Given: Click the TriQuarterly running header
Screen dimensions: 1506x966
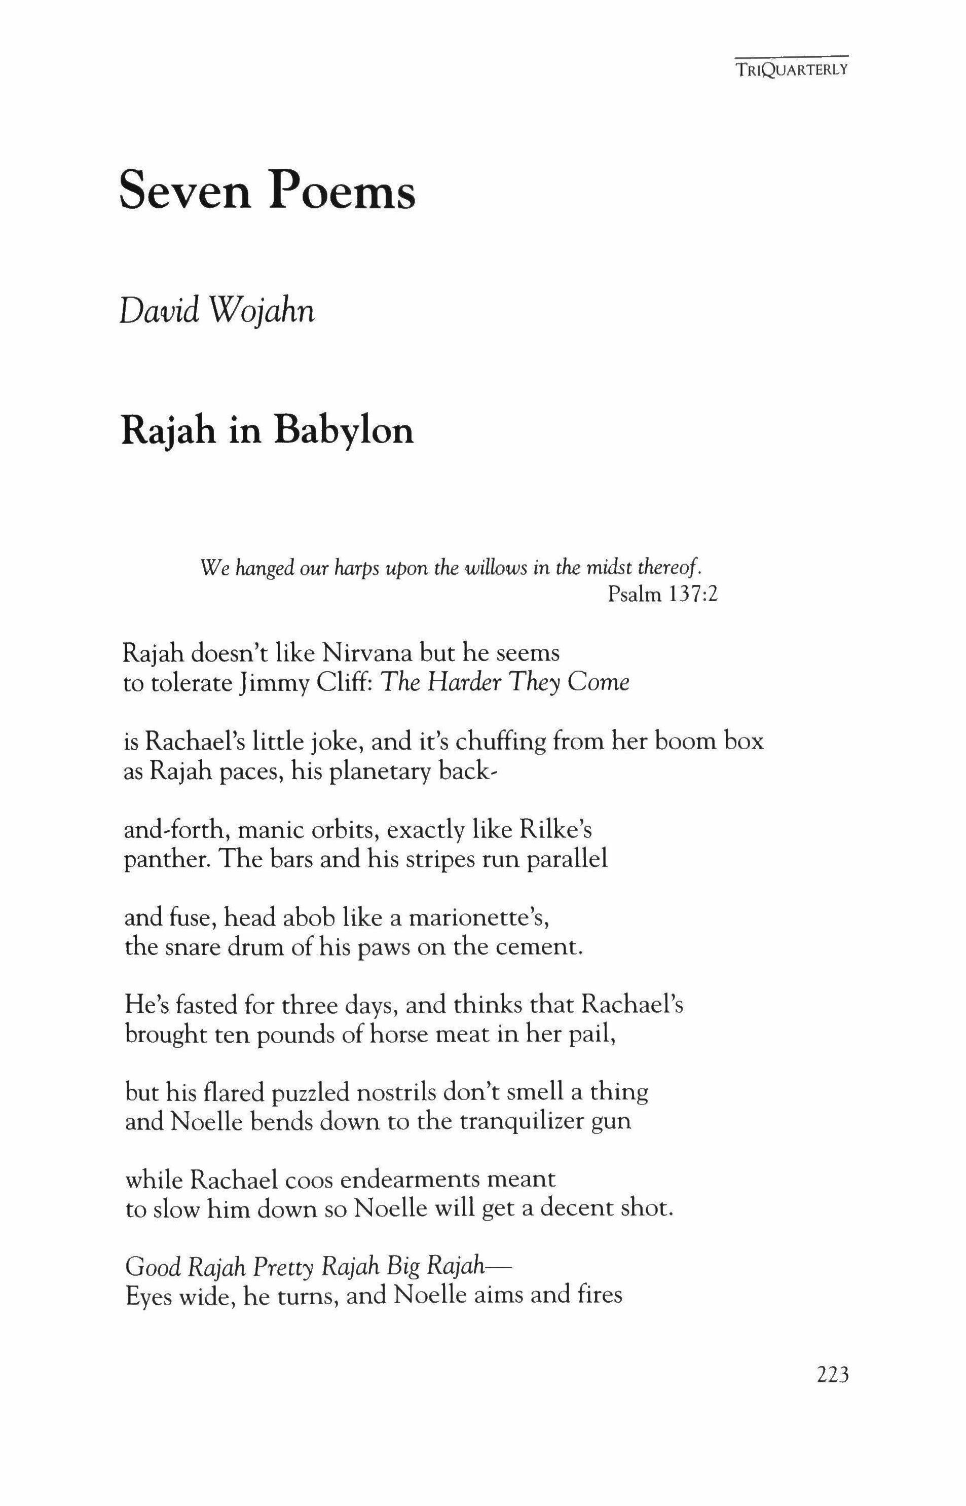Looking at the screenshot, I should coord(792,69).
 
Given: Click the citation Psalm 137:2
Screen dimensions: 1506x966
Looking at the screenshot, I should coord(662,594).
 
